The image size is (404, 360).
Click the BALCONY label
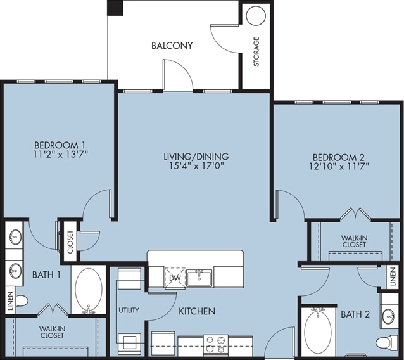click(172, 46)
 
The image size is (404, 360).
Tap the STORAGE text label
click(256, 51)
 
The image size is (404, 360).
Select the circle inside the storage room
click(256, 16)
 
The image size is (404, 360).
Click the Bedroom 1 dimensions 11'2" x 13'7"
click(61, 155)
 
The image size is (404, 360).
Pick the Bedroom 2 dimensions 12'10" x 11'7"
click(339, 167)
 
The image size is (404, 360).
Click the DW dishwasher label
click(175, 278)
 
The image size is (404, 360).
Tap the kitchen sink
click(199, 278)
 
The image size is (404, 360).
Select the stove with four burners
click(216, 344)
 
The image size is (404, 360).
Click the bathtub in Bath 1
click(89, 290)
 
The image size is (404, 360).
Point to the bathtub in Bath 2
click(318, 331)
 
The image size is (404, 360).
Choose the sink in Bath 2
click(389, 317)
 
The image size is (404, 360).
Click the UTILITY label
click(129, 310)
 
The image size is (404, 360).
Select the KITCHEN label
click(197, 311)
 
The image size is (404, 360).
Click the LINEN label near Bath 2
click(393, 277)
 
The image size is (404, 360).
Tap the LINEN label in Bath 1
click(10, 301)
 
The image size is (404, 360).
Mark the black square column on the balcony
click(115, 8)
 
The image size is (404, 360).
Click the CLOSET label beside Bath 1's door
click(70, 242)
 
